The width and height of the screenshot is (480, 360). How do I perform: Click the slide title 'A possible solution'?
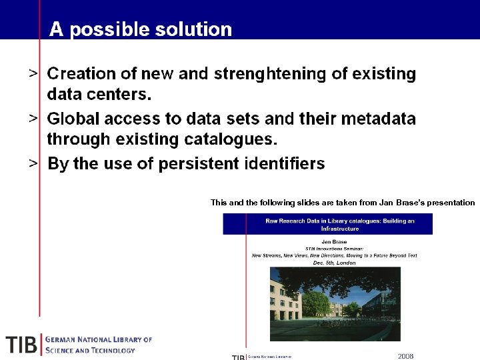pos(141,29)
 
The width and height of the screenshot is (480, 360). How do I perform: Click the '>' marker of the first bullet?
pos(33,74)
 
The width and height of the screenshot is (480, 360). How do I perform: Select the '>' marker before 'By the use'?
pos(33,163)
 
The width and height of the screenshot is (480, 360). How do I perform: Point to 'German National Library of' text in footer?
pos(99,339)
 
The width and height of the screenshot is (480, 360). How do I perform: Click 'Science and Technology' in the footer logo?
pos(91,350)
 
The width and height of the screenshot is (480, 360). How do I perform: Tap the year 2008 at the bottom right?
pos(405,356)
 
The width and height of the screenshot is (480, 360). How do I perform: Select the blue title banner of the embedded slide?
pos(327,224)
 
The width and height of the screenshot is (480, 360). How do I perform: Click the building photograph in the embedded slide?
pos(325,303)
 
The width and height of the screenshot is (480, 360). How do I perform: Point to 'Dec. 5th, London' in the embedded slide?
pos(334,263)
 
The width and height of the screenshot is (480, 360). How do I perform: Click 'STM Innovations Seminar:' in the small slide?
pos(334,248)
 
